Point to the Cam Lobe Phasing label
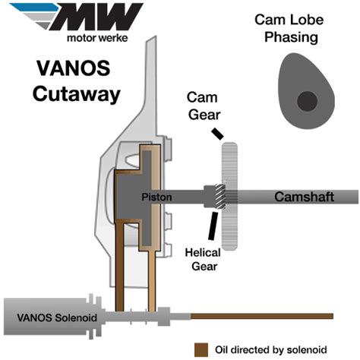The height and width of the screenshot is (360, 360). pyautogui.click(x=302, y=29)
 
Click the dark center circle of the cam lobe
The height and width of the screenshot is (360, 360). pyautogui.click(x=307, y=99)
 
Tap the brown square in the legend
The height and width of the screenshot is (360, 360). pyautogui.click(x=201, y=349)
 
